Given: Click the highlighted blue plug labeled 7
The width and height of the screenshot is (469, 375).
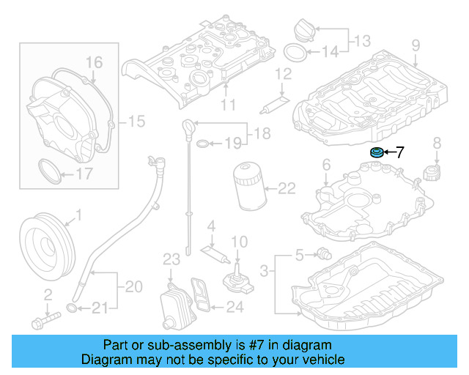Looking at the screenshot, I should tap(376, 153).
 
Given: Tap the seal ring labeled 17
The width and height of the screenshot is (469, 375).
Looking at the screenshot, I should tap(48, 174).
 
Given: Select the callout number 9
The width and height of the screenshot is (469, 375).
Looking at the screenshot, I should tap(415, 46).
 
